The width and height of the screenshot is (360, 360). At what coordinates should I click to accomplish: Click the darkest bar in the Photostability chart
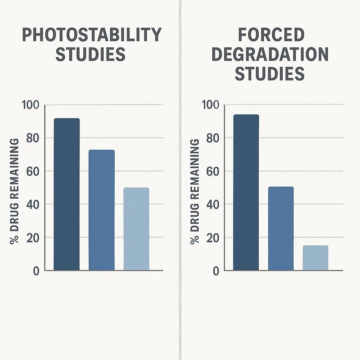66,194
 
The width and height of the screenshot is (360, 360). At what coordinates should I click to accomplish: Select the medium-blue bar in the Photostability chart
101,210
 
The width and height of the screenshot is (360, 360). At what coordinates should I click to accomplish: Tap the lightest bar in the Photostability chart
136,229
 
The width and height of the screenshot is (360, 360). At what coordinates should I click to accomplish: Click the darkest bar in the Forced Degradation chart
246,193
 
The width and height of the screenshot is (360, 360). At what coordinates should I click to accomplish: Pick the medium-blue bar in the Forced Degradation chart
281,229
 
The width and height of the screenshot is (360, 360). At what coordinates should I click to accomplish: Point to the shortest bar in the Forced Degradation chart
315,258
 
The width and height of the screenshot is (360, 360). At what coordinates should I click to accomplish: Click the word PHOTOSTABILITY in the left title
92,35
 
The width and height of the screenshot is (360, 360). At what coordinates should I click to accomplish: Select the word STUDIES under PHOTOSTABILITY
90,54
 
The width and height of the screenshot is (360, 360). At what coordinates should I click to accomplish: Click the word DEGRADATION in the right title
270,54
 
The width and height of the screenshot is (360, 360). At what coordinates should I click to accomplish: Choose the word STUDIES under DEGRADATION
270,74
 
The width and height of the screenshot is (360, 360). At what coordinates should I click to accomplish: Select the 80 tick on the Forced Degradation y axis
213,138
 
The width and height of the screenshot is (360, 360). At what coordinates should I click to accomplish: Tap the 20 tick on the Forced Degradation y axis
213,238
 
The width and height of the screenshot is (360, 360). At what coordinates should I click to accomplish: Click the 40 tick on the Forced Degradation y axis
213,204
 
